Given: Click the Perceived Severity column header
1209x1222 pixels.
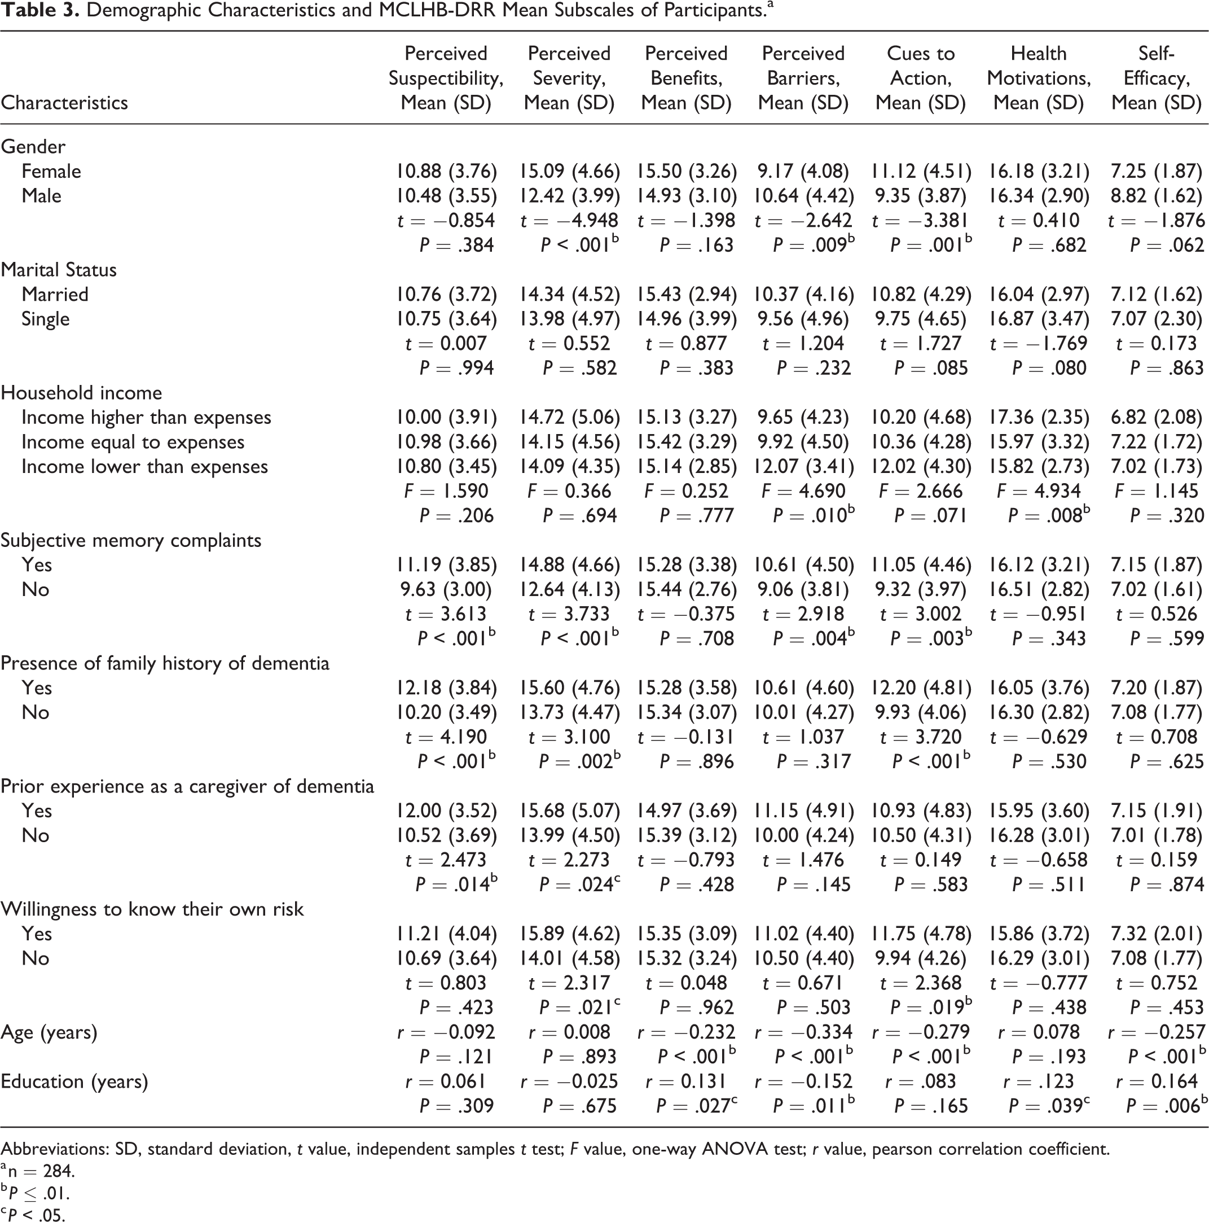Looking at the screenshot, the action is pyautogui.click(x=569, y=78).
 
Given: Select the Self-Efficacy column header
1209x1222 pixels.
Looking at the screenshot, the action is pyautogui.click(x=1157, y=78).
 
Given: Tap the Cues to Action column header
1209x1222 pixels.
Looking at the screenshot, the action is pyautogui.click(x=921, y=78).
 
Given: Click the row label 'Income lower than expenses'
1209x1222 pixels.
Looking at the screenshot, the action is pyautogui.click(x=145, y=467).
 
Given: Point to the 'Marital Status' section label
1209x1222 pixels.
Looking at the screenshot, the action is pyautogui.click(x=59, y=270).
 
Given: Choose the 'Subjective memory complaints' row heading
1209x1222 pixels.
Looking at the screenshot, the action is pyautogui.click(x=131, y=541).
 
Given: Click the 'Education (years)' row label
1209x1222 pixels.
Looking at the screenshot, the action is pyautogui.click(x=74, y=1081).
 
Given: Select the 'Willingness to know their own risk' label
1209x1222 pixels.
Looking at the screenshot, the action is pyautogui.click(x=152, y=909).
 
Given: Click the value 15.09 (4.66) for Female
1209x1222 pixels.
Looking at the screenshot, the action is pyautogui.click(x=570, y=172).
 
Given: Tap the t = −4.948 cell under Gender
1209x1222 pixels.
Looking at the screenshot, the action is pyautogui.click(x=569, y=221).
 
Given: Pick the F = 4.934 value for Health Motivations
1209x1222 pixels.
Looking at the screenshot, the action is pyautogui.click(x=1039, y=491).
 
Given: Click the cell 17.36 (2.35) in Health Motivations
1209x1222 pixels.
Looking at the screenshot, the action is pyautogui.click(x=1040, y=418).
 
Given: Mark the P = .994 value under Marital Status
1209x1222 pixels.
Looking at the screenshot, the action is pyautogui.click(x=456, y=368).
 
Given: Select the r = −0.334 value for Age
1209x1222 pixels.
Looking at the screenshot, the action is pyautogui.click(x=804, y=1032).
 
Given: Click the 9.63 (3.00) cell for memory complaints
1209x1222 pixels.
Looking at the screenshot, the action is pyautogui.click(x=446, y=589).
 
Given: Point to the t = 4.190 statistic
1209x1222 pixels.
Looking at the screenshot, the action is pyautogui.click(x=446, y=737).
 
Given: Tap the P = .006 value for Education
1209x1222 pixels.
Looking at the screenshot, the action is pyautogui.click(x=1166, y=1106).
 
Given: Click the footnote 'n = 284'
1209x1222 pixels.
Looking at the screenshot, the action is pyautogui.click(x=38, y=1171).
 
